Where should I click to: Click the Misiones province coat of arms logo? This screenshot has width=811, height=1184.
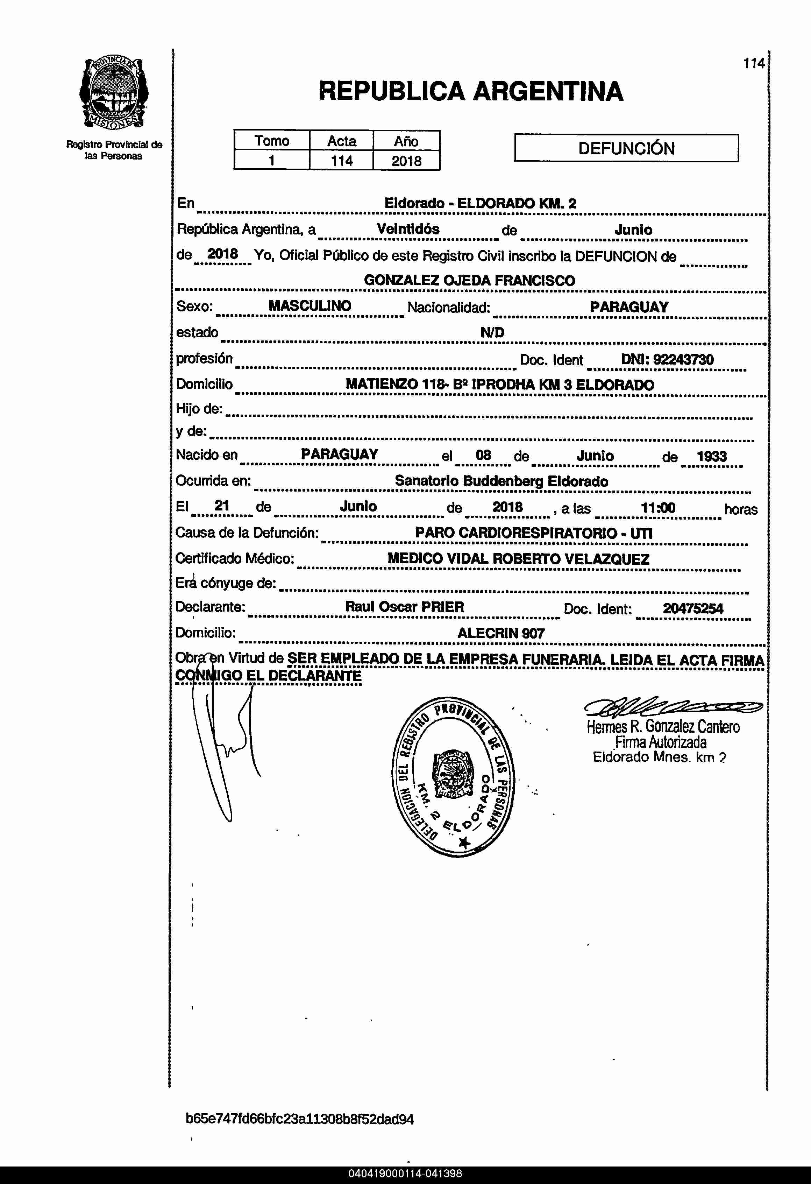pyautogui.click(x=114, y=92)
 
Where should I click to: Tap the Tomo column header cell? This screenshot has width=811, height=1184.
pyautogui.click(x=272, y=141)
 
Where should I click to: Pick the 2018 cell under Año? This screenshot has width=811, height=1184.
pyautogui.click(x=406, y=161)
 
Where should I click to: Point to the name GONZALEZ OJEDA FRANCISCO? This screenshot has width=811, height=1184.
pyautogui.click(x=469, y=280)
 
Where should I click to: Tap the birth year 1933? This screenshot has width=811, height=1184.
pyautogui.click(x=711, y=456)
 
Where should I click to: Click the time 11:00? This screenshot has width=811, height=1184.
pyautogui.click(x=658, y=507)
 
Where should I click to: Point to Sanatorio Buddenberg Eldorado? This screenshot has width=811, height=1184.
pyautogui.click(x=501, y=481)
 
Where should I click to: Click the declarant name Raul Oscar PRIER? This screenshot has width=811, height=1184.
pyautogui.click(x=405, y=607)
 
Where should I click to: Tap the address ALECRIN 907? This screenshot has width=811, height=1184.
pyautogui.click(x=501, y=633)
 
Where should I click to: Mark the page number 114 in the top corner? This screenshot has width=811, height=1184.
pyautogui.click(x=754, y=64)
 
